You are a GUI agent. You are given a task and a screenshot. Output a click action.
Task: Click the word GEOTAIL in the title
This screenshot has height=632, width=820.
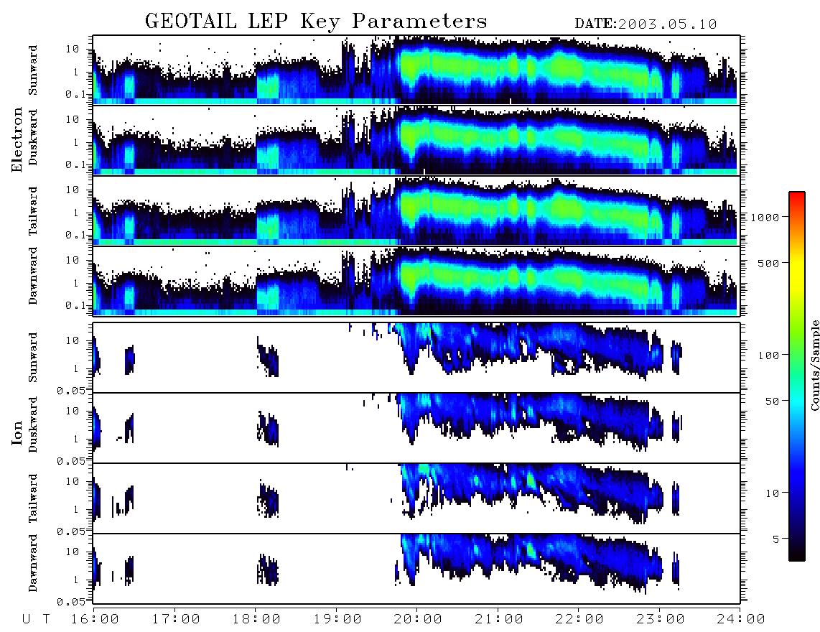click(x=191, y=21)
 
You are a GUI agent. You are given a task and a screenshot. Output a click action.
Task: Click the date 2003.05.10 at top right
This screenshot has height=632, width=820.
click(x=667, y=24)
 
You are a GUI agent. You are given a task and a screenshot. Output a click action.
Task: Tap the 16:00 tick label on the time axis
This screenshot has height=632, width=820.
click(x=95, y=619)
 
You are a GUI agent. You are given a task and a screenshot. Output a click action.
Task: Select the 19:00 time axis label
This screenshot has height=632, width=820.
click(x=337, y=619)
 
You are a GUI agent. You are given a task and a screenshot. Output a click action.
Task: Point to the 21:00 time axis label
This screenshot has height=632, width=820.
click(x=499, y=619)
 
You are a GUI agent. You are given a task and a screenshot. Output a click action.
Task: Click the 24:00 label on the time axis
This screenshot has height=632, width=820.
click(x=741, y=619)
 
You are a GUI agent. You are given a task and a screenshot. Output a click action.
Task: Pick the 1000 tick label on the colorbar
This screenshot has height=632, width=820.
click(x=765, y=217)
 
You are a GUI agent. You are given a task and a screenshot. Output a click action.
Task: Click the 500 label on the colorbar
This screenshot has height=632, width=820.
click(x=769, y=263)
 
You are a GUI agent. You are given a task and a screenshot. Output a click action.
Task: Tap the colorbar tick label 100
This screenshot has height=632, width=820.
click(x=769, y=355)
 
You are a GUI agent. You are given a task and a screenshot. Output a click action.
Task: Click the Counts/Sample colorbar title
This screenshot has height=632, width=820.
click(x=814, y=365)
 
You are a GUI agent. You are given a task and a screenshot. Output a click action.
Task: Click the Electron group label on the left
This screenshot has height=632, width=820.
click(x=17, y=139)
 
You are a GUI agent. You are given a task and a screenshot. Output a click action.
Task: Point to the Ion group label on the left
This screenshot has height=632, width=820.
click(x=17, y=432)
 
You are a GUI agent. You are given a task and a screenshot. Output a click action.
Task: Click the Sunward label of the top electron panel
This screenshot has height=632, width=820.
click(x=32, y=70)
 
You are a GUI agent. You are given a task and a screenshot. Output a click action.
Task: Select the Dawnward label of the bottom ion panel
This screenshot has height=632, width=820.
click(x=32, y=562)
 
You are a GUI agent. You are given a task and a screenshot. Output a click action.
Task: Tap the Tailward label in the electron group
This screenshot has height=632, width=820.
click(x=32, y=211)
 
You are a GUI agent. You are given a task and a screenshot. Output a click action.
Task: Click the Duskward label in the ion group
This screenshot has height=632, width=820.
click(x=32, y=424)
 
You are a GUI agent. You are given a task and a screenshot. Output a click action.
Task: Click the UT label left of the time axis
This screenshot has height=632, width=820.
click(x=37, y=619)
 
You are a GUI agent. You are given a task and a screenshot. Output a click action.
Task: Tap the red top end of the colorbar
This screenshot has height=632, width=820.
click(x=797, y=195)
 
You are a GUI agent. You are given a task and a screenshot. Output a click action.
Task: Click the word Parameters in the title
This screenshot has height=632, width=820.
click(x=419, y=21)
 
